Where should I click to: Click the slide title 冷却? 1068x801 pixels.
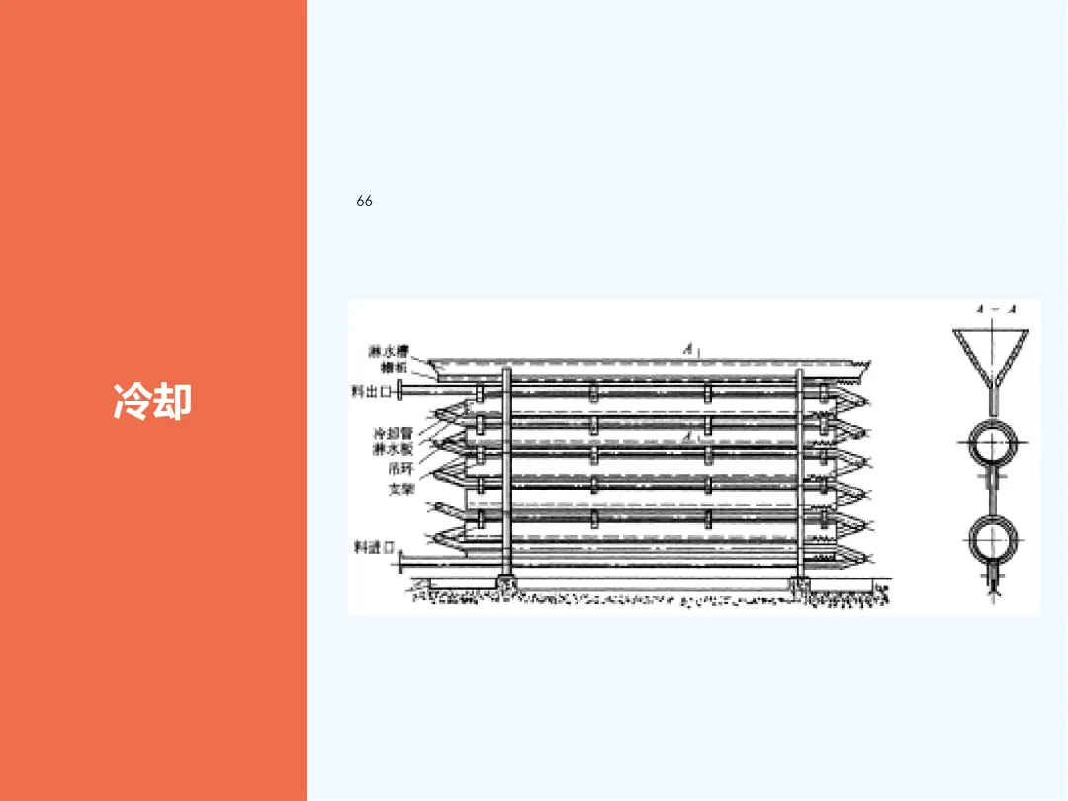click(x=152, y=401)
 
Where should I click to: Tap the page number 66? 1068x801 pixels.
click(x=365, y=201)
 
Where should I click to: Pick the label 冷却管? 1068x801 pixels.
click(x=393, y=433)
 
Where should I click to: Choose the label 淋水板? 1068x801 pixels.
click(x=393, y=450)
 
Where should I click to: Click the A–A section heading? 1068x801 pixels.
click(x=996, y=310)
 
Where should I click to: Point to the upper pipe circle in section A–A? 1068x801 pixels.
click(x=993, y=444)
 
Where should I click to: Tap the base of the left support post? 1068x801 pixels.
click(x=507, y=584)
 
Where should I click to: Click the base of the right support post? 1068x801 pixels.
click(x=799, y=584)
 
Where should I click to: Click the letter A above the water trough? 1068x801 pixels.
click(x=686, y=349)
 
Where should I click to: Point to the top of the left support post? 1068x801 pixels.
click(x=507, y=372)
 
